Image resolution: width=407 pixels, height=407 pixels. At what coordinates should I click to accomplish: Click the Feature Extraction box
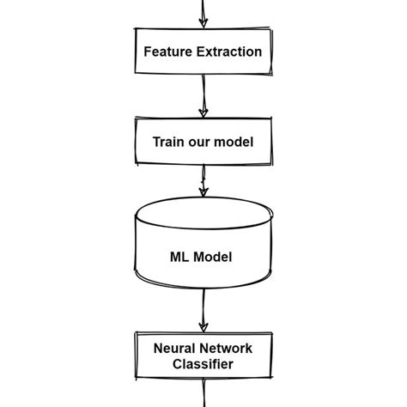[x=203, y=52]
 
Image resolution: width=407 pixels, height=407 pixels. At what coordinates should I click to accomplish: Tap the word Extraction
[x=229, y=52]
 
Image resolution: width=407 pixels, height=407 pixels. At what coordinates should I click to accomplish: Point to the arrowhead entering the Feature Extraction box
[x=203, y=22]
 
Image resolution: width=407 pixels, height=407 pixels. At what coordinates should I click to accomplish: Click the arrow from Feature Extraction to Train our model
[x=203, y=96]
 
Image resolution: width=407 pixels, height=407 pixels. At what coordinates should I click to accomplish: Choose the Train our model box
[x=203, y=142]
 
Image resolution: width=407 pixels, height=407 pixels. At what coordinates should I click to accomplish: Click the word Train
[x=169, y=142]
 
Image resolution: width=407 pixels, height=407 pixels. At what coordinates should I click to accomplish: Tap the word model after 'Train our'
[x=235, y=142]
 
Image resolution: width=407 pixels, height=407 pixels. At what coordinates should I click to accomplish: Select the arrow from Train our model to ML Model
[x=203, y=182]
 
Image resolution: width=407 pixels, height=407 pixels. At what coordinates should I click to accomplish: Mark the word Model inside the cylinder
[x=214, y=257]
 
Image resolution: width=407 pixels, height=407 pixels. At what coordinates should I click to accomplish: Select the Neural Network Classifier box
[x=203, y=356]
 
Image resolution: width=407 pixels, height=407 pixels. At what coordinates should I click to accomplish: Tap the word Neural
[x=174, y=349]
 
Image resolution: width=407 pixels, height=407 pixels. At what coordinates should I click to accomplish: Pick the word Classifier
[x=203, y=364]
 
